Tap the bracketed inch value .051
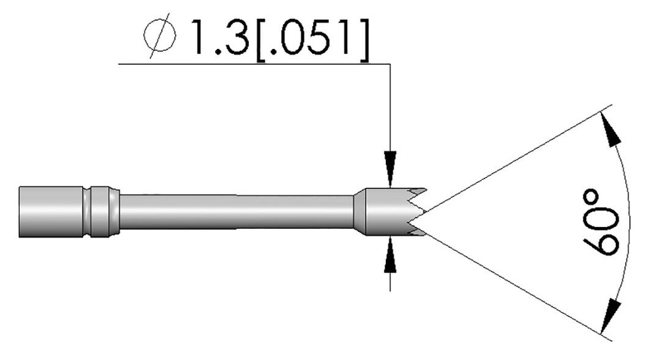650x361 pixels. [x=311, y=40]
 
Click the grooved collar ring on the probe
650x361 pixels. [x=102, y=212]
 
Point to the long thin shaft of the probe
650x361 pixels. [x=235, y=212]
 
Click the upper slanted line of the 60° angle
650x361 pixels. [x=514, y=161]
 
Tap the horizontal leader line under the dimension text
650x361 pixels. [x=254, y=64]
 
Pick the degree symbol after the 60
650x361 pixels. [x=601, y=194]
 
